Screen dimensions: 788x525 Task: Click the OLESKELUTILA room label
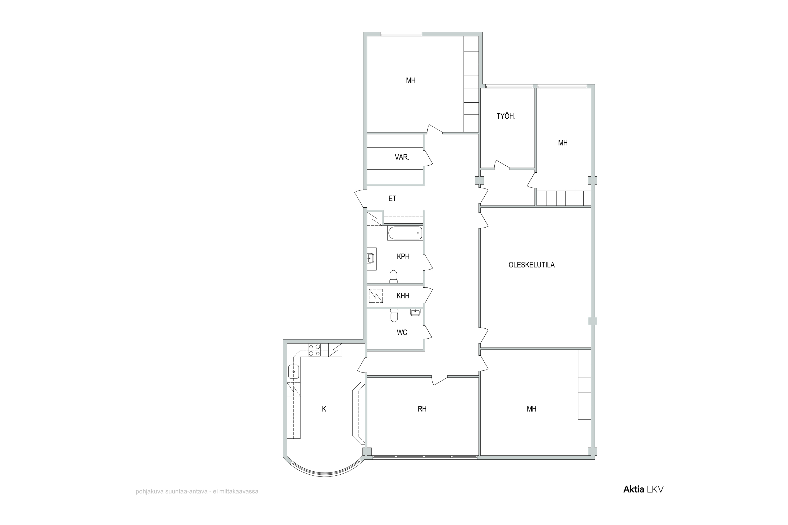[x=531, y=265]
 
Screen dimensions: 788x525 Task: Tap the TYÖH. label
[x=506, y=117]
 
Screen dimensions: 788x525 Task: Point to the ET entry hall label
[x=392, y=198]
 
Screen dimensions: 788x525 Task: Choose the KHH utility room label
[x=403, y=296]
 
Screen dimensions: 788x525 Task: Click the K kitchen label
[x=324, y=409]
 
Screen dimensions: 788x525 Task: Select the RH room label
[x=422, y=409]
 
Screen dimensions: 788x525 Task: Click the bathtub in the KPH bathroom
[x=405, y=233]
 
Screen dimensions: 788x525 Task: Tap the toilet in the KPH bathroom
[x=394, y=277]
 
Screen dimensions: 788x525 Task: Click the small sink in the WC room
[x=415, y=312]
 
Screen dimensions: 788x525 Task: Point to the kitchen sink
[x=293, y=372]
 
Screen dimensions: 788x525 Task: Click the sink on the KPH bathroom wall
[x=371, y=258]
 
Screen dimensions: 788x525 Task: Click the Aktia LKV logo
[x=643, y=489]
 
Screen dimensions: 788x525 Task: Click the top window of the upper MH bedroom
[x=401, y=34]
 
